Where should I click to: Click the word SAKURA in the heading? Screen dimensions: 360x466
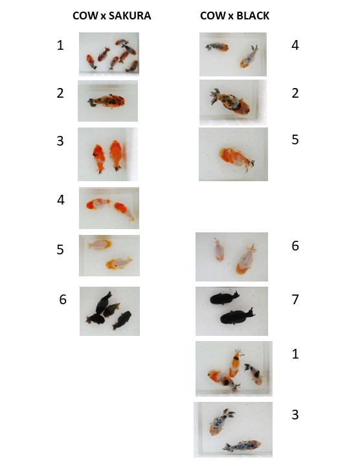129,16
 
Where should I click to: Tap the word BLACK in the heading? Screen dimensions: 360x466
253,16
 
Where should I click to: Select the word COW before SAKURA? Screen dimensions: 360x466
85,16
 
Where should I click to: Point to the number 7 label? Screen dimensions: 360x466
295,299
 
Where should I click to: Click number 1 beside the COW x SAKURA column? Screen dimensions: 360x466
60,45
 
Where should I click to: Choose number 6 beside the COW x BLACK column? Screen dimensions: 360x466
295,246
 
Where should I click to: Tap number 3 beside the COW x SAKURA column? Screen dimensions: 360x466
60,140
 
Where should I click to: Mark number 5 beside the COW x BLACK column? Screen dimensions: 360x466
295,139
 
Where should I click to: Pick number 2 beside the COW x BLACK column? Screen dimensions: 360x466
295,93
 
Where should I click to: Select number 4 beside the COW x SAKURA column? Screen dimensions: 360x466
61,200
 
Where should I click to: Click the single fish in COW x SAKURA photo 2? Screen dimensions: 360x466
107,101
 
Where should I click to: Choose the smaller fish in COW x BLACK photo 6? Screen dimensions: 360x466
218,249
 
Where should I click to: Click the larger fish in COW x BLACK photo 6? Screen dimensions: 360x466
245,260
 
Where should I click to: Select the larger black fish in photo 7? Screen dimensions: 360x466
237,316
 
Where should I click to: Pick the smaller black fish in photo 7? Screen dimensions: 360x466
224,298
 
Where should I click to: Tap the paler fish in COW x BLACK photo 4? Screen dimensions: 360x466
249,57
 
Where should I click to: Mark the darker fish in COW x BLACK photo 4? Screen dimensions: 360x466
217,47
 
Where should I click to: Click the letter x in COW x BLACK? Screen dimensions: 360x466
231,16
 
